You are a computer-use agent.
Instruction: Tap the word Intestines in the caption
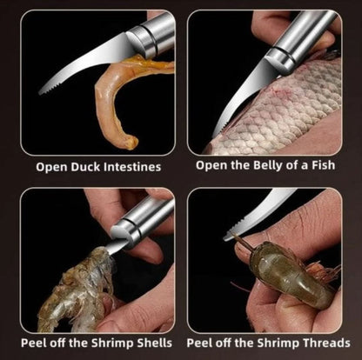[132, 167]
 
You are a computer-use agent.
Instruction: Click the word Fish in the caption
[324, 165]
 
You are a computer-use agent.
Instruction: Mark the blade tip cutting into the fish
[216, 134]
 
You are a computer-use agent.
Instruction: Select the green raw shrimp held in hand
[287, 276]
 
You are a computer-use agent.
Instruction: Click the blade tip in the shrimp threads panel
[226, 237]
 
